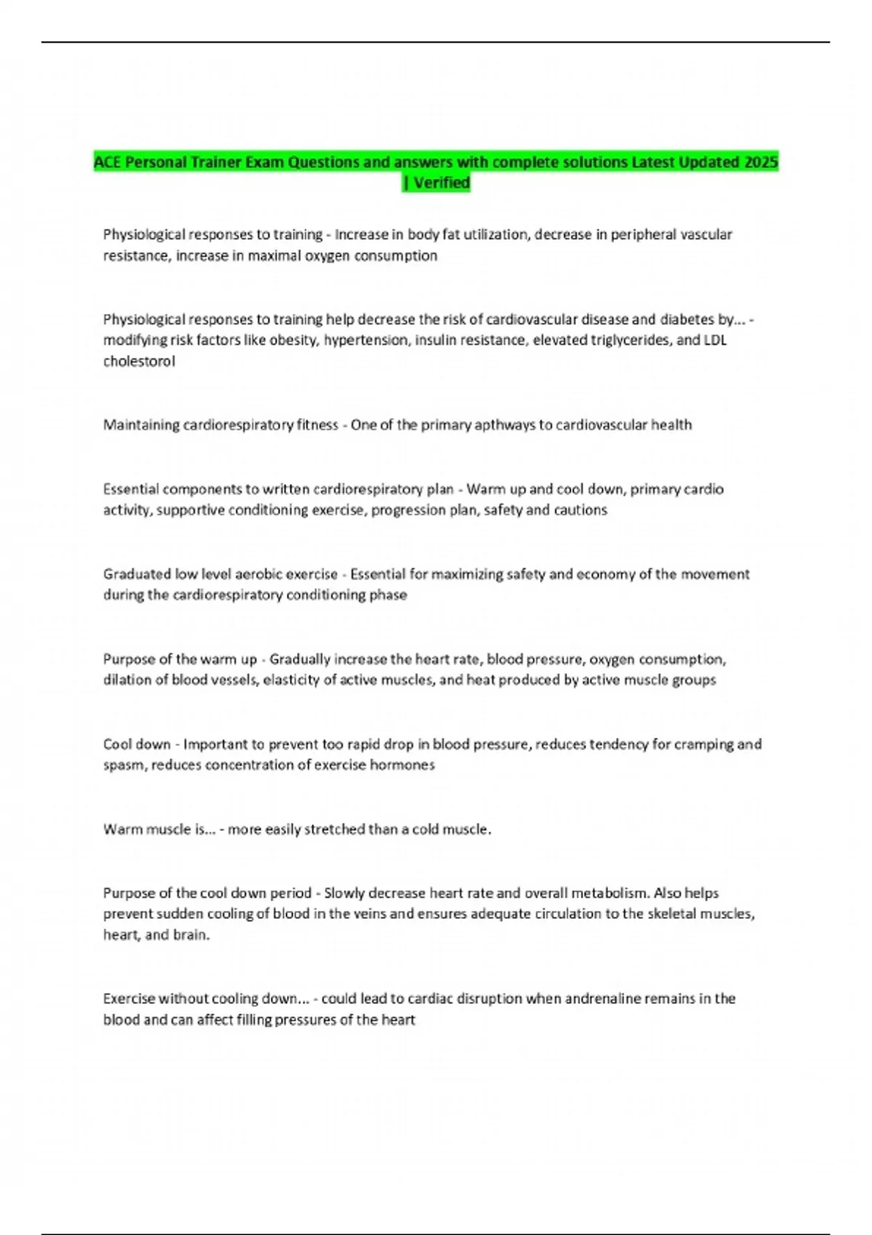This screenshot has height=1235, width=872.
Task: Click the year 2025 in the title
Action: click(x=761, y=162)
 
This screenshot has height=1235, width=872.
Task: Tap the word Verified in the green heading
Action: click(x=441, y=182)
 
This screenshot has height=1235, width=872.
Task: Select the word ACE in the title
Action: click(x=107, y=162)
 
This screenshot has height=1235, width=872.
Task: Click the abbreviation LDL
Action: click(x=715, y=340)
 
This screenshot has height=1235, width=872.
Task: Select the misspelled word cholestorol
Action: click(x=139, y=361)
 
